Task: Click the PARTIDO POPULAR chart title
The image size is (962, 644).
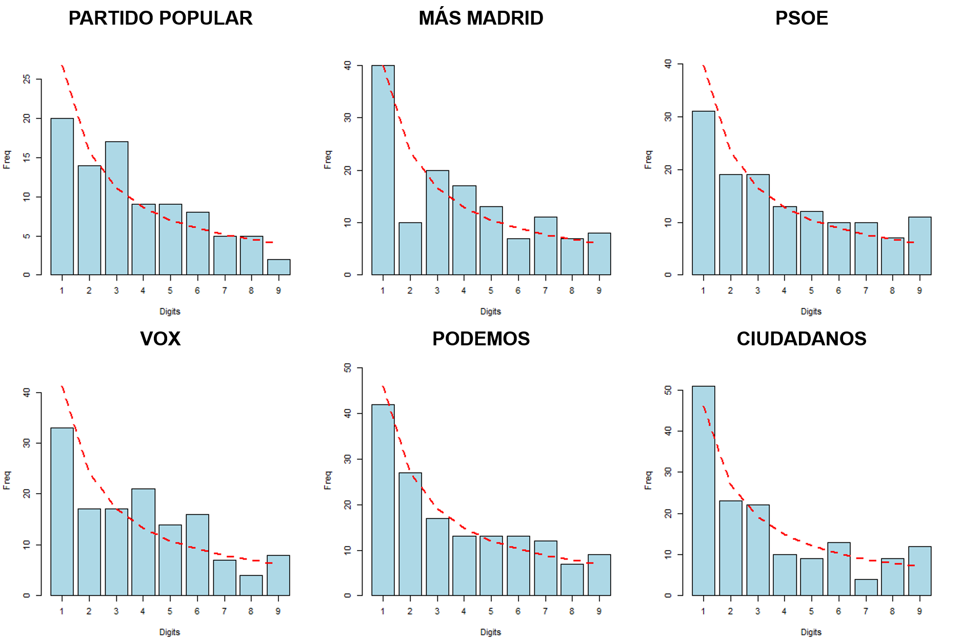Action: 160,18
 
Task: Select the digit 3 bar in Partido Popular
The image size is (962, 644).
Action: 116,208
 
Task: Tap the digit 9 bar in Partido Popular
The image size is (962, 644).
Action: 278,267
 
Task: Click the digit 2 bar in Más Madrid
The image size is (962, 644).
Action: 410,248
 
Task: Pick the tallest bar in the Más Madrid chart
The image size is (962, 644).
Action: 383,170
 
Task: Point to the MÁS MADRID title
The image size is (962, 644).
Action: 480,18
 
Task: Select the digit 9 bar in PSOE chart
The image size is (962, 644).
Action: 919,246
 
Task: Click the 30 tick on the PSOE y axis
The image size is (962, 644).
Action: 668,116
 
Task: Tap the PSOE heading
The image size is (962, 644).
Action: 801,18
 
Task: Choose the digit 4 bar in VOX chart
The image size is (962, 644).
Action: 143,542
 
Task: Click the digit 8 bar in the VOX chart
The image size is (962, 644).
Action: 251,585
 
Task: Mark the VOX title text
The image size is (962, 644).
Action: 160,339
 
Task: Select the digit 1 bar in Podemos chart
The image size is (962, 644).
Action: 383,500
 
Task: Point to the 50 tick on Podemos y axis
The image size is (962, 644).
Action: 348,367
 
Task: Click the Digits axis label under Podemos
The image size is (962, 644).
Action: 490,632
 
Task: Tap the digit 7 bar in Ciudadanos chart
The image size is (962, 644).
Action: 866,587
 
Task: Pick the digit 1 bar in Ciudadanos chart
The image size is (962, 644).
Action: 703,491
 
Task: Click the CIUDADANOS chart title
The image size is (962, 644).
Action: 801,339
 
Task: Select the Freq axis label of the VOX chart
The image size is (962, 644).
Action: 7,480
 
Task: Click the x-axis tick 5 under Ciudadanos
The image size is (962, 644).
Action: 811,611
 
